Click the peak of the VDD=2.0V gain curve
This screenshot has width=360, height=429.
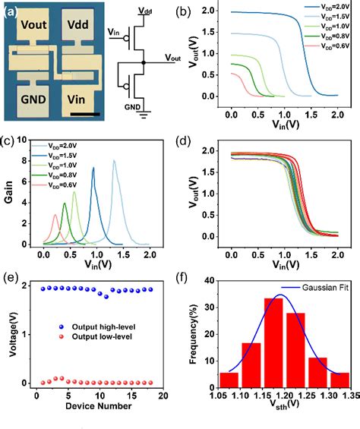click(115, 160)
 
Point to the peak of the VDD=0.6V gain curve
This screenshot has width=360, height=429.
click(55, 215)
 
